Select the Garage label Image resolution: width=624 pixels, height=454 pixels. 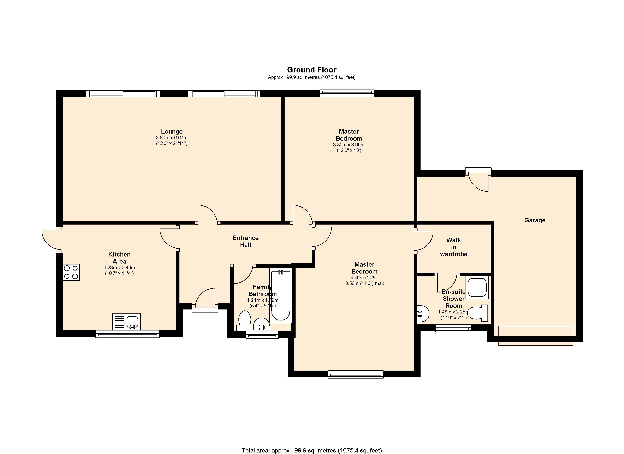[535, 220]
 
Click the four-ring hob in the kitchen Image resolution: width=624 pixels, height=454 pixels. [71, 272]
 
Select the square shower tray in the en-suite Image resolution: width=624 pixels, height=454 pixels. [477, 287]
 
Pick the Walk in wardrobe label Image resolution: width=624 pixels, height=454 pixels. [454, 247]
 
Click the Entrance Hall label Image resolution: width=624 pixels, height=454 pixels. [245, 241]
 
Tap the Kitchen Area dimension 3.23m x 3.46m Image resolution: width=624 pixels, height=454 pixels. [119, 268]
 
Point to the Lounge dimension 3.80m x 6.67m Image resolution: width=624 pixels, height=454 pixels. [172, 138]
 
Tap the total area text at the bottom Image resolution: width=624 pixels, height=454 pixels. [312, 450]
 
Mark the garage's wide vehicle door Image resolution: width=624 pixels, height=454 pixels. [536, 336]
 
